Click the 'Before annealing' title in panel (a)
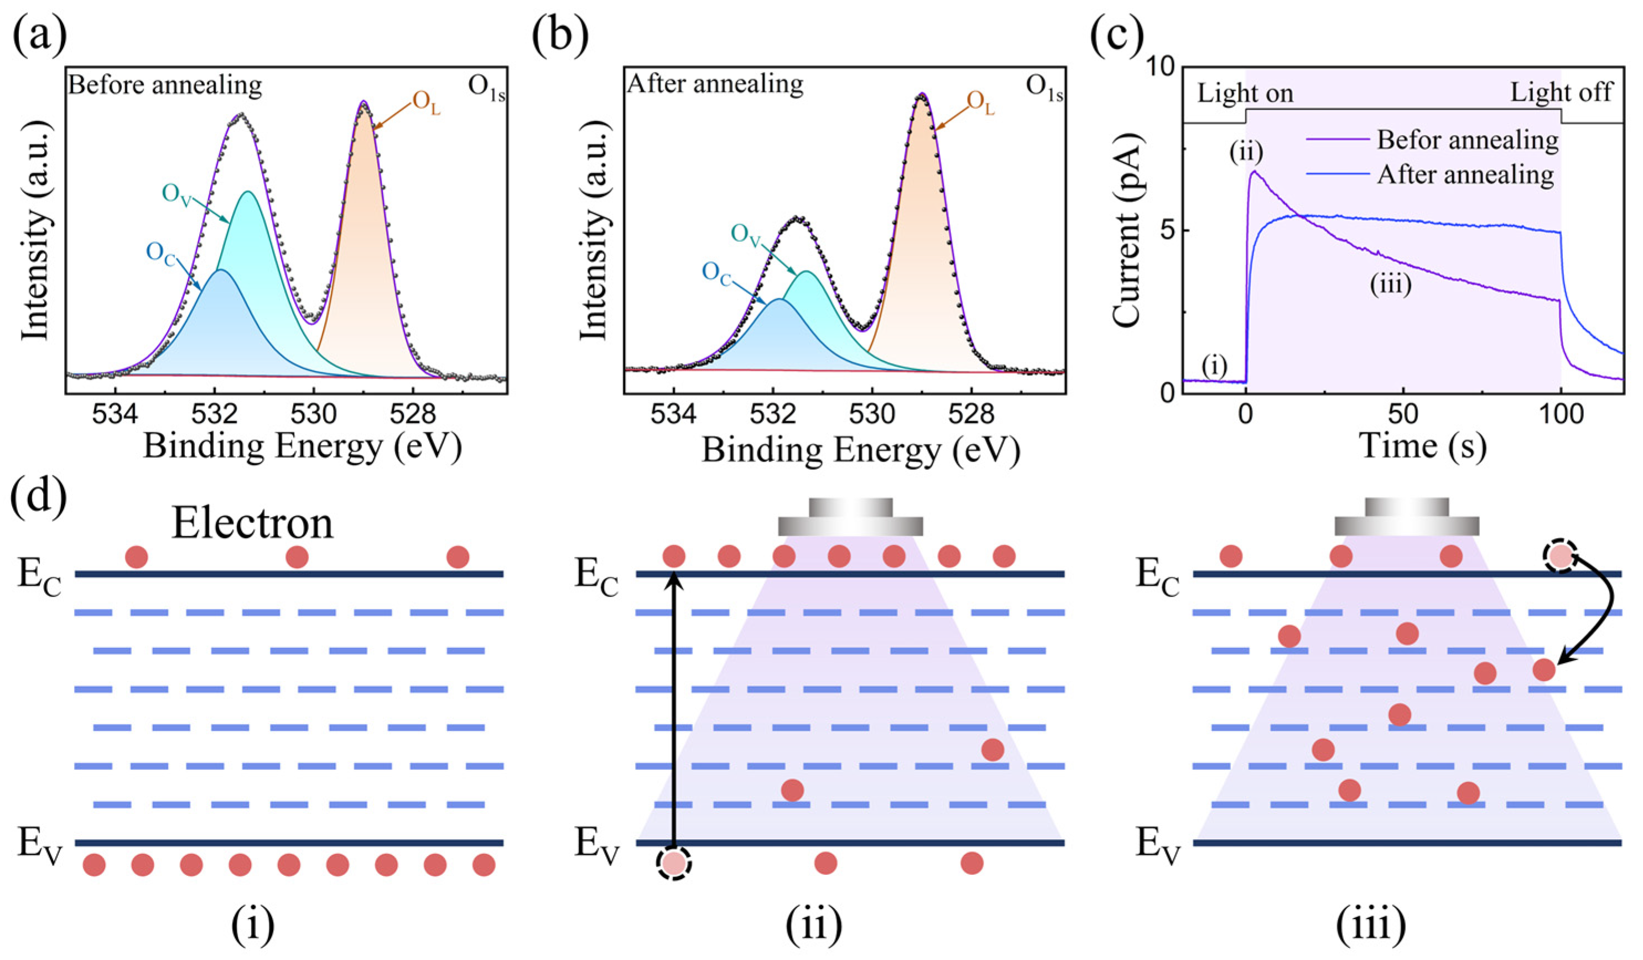point(165,85)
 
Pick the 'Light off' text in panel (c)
point(1561,92)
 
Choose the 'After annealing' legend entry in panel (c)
point(1465,175)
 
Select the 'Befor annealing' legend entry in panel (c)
point(1467,139)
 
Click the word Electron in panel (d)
point(252,523)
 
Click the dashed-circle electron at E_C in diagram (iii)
point(1560,556)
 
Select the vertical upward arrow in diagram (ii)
point(675,711)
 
